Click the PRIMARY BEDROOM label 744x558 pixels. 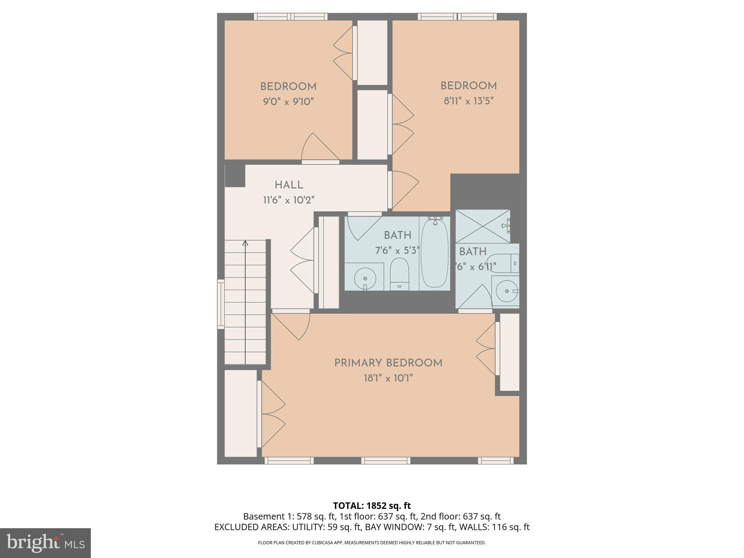(388, 363)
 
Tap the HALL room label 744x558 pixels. (289, 185)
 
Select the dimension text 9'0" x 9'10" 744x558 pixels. (288, 101)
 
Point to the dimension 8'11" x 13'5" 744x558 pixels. (468, 101)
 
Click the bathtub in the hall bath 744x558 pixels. (434, 253)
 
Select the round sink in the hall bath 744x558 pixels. (365, 279)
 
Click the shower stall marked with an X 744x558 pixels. (482, 226)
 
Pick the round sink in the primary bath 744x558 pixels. (506, 291)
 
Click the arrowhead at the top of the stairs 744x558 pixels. (245, 243)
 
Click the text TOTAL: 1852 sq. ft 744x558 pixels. (372, 505)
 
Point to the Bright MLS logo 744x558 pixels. (45, 543)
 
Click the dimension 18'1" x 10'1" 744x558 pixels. (388, 379)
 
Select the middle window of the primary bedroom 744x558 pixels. (385, 461)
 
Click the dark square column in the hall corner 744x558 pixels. (235, 176)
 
